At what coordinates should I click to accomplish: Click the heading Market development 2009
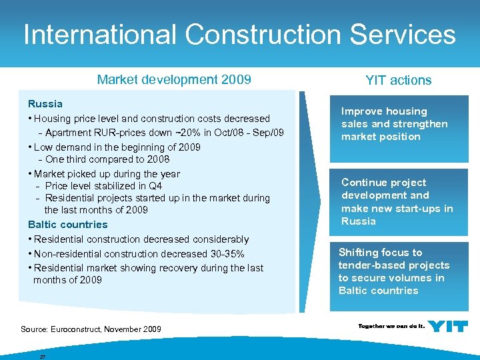[x=174, y=80]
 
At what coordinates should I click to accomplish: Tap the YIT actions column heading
[x=398, y=81]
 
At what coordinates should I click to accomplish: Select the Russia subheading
[x=45, y=104]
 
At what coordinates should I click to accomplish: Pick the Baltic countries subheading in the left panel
[x=67, y=225]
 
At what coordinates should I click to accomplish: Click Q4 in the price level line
[x=155, y=186]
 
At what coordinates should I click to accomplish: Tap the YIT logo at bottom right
[x=447, y=326]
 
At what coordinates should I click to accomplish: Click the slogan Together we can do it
[x=391, y=326]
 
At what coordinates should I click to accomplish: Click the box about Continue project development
[x=399, y=201]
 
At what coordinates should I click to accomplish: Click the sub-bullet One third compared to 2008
[x=107, y=159]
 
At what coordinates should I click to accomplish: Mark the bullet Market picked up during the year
[x=107, y=174]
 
